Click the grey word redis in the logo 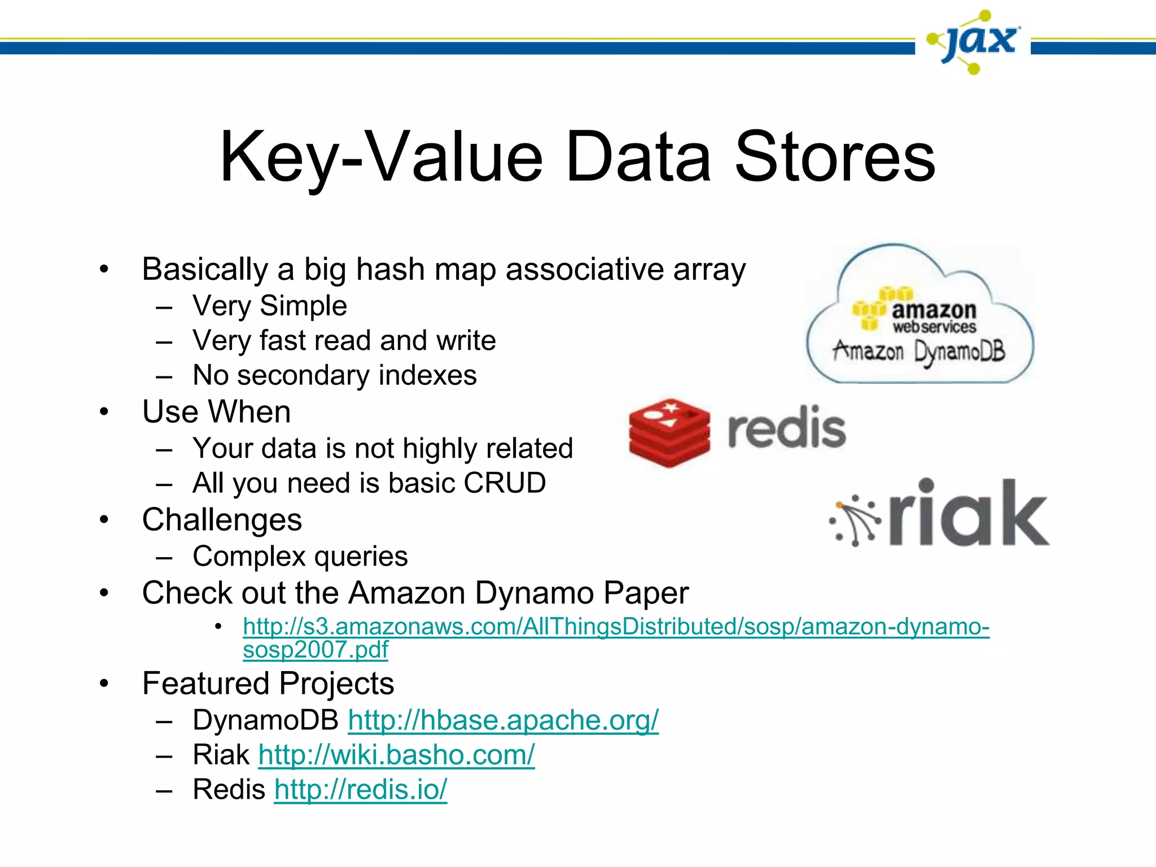tap(787, 429)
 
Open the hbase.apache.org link tap(503, 720)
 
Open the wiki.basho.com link tap(396, 755)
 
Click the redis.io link tap(361, 790)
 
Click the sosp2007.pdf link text tap(316, 650)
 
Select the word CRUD tap(505, 483)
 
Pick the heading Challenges tap(222, 520)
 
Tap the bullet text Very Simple tap(269, 306)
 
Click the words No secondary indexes tap(335, 375)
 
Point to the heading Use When tap(216, 411)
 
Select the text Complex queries tap(300, 557)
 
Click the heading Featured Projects tap(268, 684)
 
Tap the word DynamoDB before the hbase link tap(265, 720)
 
